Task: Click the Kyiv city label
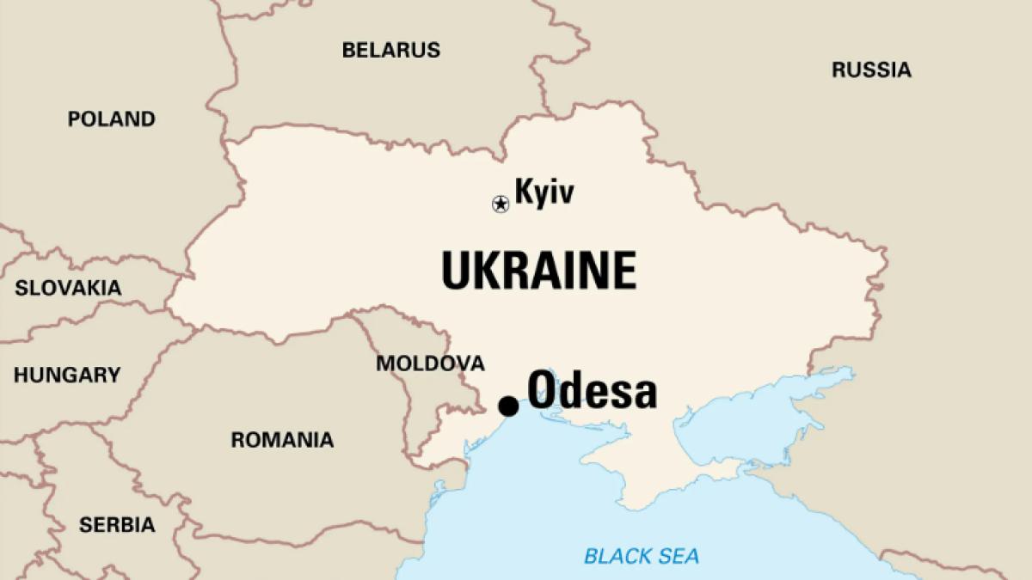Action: pyautogui.click(x=544, y=192)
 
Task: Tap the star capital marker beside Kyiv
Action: pyautogui.click(x=500, y=204)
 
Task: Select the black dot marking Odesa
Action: pyautogui.click(x=508, y=406)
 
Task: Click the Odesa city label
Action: pyautogui.click(x=592, y=392)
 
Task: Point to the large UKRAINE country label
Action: pyautogui.click(x=539, y=270)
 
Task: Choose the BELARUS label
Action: pyautogui.click(x=391, y=50)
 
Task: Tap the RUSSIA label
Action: pyautogui.click(x=871, y=70)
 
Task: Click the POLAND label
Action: pyautogui.click(x=112, y=119)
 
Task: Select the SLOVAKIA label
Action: pyautogui.click(x=68, y=288)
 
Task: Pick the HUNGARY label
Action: pyautogui.click(x=67, y=375)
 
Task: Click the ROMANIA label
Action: pyautogui.click(x=282, y=441)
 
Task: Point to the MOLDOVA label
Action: pyautogui.click(x=430, y=363)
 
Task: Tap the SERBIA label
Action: pyautogui.click(x=117, y=524)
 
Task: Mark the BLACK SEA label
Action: pyautogui.click(x=642, y=556)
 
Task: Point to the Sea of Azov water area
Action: pyautogui.click(x=748, y=421)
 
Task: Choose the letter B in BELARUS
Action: pyautogui.click(x=348, y=50)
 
